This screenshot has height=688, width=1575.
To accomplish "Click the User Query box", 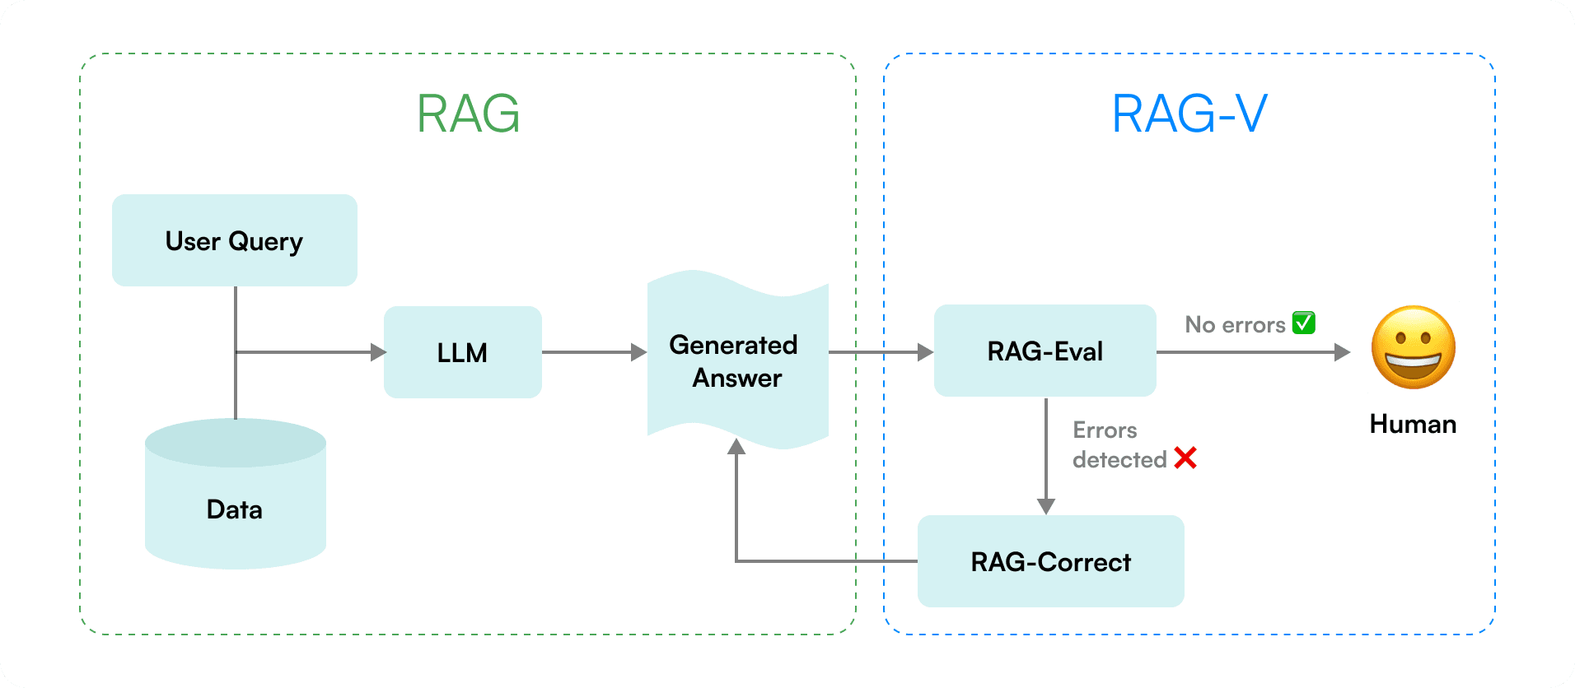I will click(x=235, y=240).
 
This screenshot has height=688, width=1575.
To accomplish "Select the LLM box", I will click(x=462, y=352).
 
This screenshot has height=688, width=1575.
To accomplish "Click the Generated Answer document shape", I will click(x=736, y=360).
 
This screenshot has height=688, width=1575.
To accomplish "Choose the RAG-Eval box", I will click(x=1045, y=351).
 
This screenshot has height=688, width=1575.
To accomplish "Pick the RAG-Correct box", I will click(x=1050, y=561).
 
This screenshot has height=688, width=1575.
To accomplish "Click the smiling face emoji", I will click(x=1413, y=347).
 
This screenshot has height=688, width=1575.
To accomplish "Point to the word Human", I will click(x=1413, y=424).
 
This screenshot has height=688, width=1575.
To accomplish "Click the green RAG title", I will click(x=468, y=114).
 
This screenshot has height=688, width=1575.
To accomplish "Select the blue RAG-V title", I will click(x=1189, y=114).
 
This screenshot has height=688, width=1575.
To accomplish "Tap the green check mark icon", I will click(x=1304, y=323).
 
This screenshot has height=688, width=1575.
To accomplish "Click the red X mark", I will click(x=1185, y=458).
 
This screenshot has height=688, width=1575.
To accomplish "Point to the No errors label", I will click(x=1235, y=325).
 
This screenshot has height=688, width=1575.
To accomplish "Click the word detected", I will click(x=1119, y=459).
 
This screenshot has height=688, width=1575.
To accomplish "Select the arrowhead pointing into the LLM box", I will click(x=378, y=352).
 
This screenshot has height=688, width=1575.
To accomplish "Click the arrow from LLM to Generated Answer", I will click(x=593, y=352).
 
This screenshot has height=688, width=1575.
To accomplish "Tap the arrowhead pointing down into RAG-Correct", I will click(x=1046, y=506).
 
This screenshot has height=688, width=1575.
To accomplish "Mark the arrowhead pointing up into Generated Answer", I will click(x=736, y=447).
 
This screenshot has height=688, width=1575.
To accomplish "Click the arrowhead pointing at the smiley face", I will click(x=1342, y=352).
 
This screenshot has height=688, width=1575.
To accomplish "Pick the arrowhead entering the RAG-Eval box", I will click(x=925, y=352).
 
